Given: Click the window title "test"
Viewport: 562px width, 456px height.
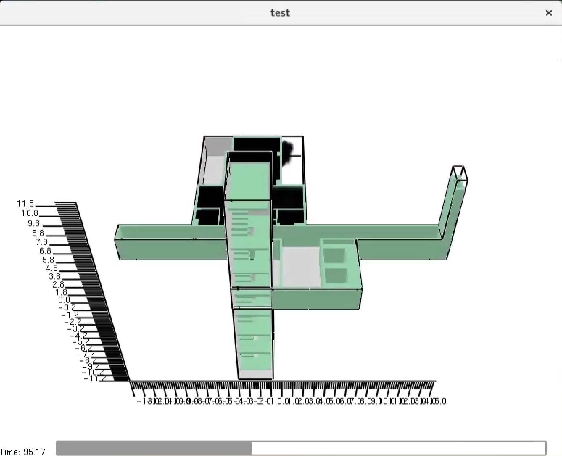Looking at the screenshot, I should pos(280,13).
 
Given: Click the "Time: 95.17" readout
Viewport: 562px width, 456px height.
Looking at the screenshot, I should pos(23,452).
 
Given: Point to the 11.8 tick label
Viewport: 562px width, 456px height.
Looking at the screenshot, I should pos(25,203).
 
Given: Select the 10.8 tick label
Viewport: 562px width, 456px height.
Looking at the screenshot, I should pos(29,213).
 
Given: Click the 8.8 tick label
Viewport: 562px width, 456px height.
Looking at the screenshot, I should pos(38,233).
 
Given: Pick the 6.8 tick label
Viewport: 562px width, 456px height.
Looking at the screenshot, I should pos(45,251).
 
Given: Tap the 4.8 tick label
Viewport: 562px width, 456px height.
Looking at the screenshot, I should pos(51,268).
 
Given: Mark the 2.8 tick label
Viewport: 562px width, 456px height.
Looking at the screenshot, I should pos(58,285).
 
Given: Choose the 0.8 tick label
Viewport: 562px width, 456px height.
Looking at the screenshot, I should pos(64,300).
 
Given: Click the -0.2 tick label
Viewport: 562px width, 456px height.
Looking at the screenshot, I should pos(67,307).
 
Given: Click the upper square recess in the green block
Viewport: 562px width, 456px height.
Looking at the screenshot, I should pos(334,255).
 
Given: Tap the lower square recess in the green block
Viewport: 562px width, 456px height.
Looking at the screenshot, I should pos(336,275).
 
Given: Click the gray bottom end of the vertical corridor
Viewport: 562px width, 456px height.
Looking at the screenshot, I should pos(255,374).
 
